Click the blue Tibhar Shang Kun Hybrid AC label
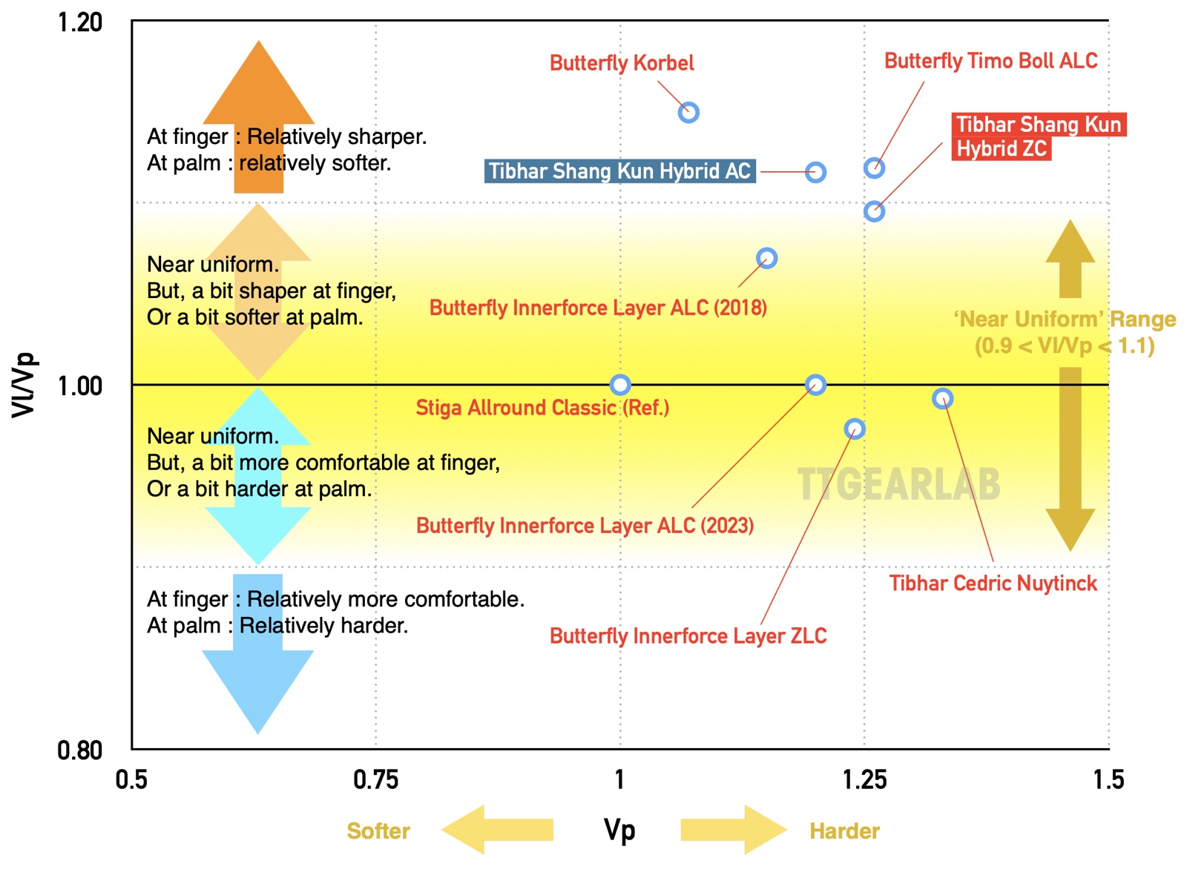pos(620,171)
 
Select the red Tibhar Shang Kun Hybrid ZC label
pos(1039,136)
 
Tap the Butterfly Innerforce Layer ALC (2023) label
pos(585,526)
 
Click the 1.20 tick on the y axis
pos(79,23)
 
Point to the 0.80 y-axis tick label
pos(79,751)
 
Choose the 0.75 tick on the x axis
pos(375,780)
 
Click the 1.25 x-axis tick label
pos(865,780)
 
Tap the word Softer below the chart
pos(378,831)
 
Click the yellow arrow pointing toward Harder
pos(734,830)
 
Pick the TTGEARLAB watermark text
pos(898,484)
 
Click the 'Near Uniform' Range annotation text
pos(1065,333)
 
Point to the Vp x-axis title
pos(619,831)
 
